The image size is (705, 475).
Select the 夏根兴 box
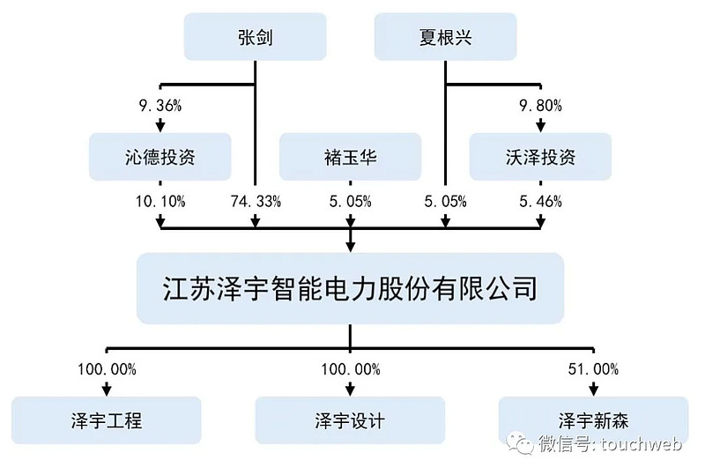(446, 37)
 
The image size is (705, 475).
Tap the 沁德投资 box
(160, 157)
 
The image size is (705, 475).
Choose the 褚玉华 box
(351, 157)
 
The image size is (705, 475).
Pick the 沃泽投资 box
(540, 157)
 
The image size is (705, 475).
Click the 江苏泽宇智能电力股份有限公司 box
(351, 287)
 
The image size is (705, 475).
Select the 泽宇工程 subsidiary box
(106, 419)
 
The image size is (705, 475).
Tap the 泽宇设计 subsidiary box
(350, 419)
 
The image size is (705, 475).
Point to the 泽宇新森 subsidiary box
(593, 419)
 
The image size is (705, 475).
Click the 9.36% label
(160, 106)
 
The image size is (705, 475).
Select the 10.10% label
(160, 201)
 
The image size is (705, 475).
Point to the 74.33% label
(256, 201)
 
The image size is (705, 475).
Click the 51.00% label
(593, 369)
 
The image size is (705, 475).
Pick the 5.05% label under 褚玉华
(351, 201)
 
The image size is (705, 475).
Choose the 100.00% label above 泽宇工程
(107, 369)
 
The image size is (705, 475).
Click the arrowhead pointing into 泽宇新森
(593, 389)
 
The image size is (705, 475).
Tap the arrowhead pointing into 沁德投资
(160, 125)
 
